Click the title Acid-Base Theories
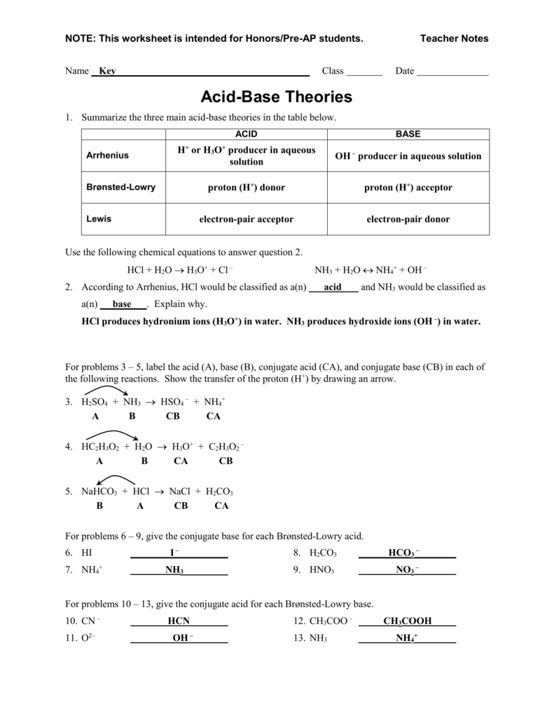[x=277, y=96]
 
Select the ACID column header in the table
[x=246, y=134]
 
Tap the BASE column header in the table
[x=408, y=134]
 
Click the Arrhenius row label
[x=107, y=156]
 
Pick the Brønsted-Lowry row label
[x=120, y=187]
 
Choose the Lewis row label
[x=99, y=219]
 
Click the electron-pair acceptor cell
[x=246, y=219]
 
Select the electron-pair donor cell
[x=408, y=219]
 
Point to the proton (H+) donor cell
[x=246, y=188]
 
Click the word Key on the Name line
[x=107, y=71]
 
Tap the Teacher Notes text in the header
[x=454, y=39]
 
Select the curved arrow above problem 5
[x=116, y=479]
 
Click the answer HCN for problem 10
[x=179, y=621]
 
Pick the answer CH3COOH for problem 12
[x=407, y=621]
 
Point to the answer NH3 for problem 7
[x=174, y=570]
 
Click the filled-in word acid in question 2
[x=333, y=287]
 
